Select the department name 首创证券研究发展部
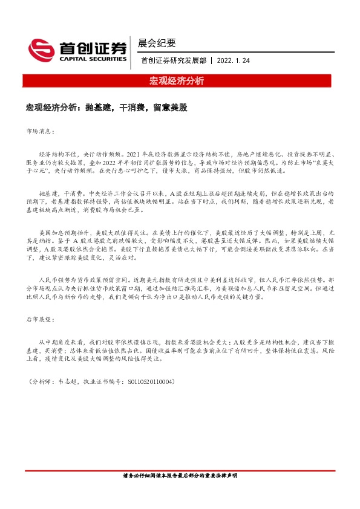173,60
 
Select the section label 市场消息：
41,131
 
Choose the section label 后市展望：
41,319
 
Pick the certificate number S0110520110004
148,381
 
